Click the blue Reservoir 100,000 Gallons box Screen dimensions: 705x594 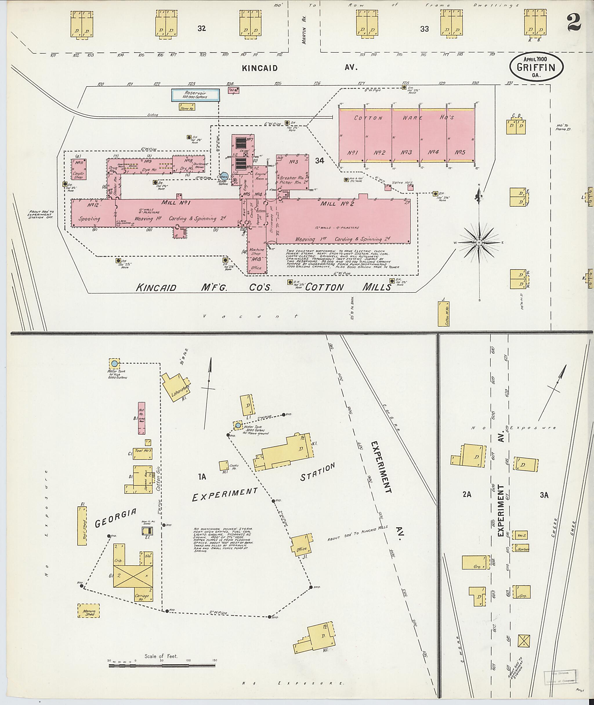click(x=196, y=95)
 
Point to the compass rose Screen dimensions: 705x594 click(x=479, y=242)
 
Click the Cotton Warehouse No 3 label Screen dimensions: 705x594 click(x=407, y=152)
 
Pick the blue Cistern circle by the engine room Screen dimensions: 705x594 click(x=224, y=176)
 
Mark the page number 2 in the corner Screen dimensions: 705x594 click(x=574, y=23)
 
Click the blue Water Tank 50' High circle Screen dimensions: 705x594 click(x=115, y=364)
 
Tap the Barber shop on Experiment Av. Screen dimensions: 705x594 click(x=521, y=548)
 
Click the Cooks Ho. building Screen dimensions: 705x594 click(x=224, y=466)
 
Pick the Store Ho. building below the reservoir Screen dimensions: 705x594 click(x=187, y=107)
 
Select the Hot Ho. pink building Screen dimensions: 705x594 click(x=142, y=418)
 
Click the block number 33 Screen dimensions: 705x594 click(x=424, y=29)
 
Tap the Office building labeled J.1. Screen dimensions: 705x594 click(x=301, y=544)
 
